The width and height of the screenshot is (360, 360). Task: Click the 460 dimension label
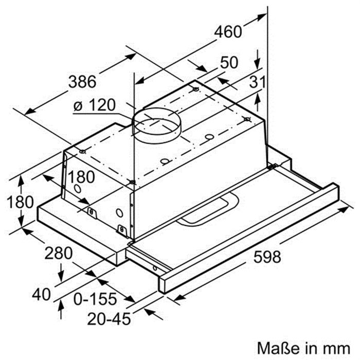pyautogui.click(x=228, y=32)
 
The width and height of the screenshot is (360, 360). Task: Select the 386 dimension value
pyautogui.click(x=82, y=81)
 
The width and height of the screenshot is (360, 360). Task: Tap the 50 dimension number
pyautogui.click(x=229, y=62)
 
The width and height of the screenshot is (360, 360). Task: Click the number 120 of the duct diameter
pyautogui.click(x=100, y=106)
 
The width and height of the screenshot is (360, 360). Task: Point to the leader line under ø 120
pyautogui.click(x=103, y=115)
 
